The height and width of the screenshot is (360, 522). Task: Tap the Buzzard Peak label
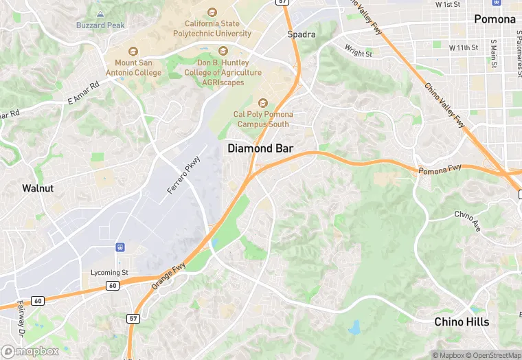[100, 25]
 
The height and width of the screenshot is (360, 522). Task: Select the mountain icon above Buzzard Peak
[100, 14]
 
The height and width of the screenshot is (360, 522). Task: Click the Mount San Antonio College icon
[133, 52]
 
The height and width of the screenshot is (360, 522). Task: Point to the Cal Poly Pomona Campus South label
[263, 119]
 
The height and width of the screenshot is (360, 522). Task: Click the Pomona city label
[495, 19]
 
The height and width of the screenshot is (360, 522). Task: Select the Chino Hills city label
[462, 322]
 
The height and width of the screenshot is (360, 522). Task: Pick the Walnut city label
[38, 188]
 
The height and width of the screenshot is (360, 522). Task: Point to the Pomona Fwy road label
[440, 169]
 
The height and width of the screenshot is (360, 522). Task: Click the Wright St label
[358, 52]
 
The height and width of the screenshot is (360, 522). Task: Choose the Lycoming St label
[110, 273]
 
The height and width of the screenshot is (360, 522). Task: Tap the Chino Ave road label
[468, 220]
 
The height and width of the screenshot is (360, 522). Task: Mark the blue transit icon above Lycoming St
[121, 247]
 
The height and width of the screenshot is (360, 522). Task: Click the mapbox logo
[30, 351]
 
